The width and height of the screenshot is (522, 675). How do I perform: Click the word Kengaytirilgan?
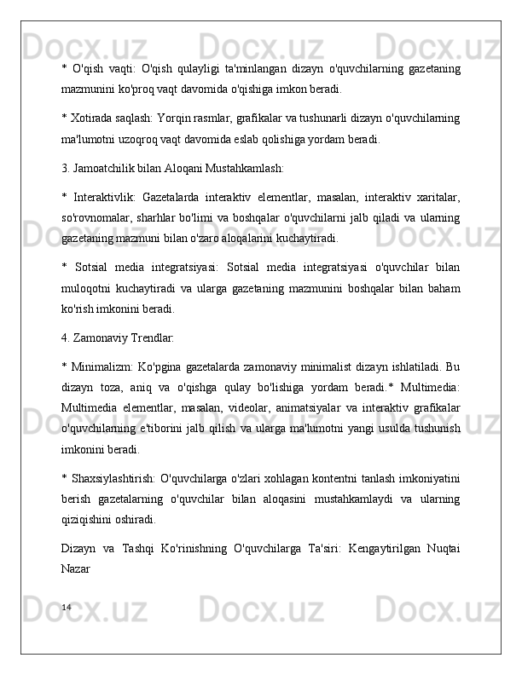351,547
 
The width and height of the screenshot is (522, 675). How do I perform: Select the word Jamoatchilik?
108,168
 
